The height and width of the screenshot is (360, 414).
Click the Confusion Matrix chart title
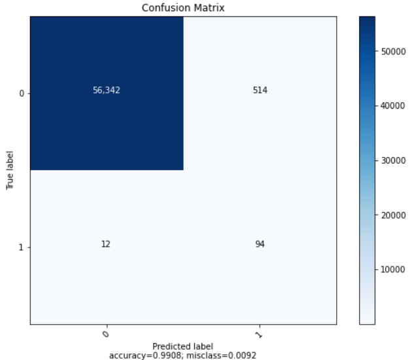pos(183,8)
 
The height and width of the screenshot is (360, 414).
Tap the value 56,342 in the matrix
pos(107,90)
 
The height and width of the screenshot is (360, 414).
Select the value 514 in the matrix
pos(260,90)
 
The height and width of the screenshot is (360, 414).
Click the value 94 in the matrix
pos(260,245)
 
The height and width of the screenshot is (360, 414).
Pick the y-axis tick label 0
pos(22,94)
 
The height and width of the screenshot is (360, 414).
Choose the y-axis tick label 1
pos(22,247)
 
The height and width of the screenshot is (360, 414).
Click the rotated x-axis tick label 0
pos(107,334)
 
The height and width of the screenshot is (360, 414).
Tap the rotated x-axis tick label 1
pos(260,334)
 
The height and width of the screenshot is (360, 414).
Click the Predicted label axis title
pos(182,346)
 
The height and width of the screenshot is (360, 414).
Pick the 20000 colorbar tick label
pos(391,214)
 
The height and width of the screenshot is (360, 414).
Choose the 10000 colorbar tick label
pos(391,268)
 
